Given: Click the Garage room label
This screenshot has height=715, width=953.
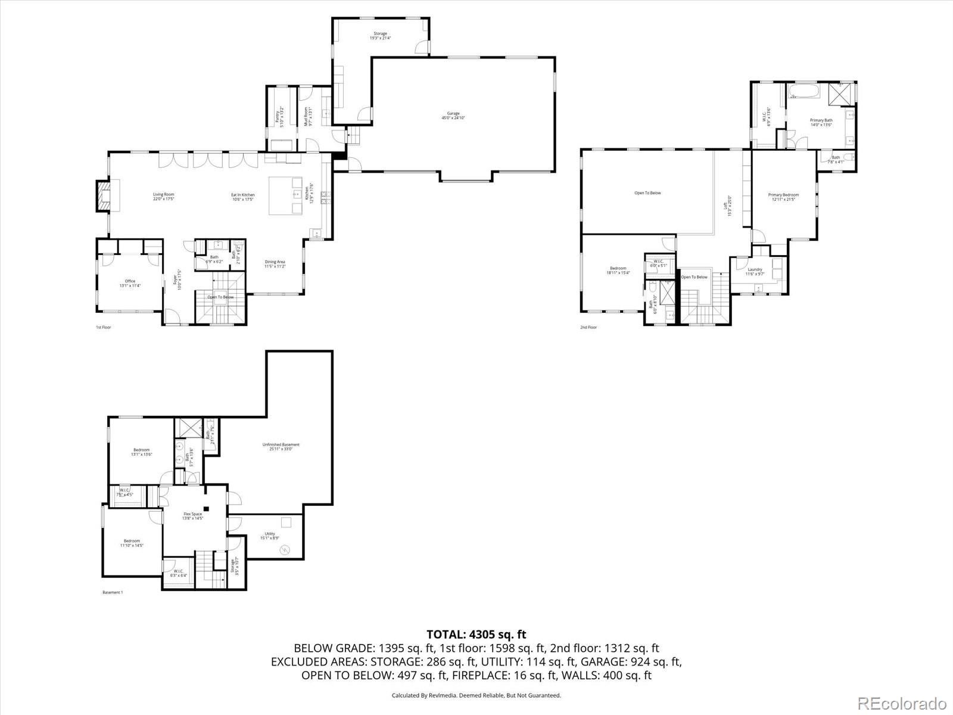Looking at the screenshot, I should pyautogui.click(x=453, y=116).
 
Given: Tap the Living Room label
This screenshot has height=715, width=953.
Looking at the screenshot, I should pyautogui.click(x=163, y=197).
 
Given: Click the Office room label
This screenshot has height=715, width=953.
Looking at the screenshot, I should pyautogui.click(x=130, y=283).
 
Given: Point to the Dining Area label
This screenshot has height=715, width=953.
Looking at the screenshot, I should pyautogui.click(x=275, y=264).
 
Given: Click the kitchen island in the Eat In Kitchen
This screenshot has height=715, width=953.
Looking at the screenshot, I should pyautogui.click(x=286, y=195).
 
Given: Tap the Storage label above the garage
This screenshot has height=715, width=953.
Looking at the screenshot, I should pyautogui.click(x=380, y=36).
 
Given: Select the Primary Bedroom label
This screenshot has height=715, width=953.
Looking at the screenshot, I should pyautogui.click(x=783, y=197).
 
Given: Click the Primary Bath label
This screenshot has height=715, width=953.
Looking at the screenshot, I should pyautogui.click(x=821, y=122).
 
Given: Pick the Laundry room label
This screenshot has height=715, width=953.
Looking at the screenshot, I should pyautogui.click(x=755, y=272).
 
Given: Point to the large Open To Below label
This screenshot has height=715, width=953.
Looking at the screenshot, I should pyautogui.click(x=647, y=193).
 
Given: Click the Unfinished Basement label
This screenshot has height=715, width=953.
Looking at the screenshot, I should pyautogui.click(x=281, y=447).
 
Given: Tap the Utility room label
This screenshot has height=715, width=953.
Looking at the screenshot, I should pyautogui.click(x=270, y=536).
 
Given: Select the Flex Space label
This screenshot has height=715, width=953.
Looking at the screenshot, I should pyautogui.click(x=192, y=516).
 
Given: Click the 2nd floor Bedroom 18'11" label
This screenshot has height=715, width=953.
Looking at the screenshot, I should pyautogui.click(x=618, y=271).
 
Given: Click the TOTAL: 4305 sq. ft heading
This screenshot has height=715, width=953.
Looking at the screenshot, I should pyautogui.click(x=476, y=635).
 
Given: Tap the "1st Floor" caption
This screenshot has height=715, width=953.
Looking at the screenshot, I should pyautogui.click(x=104, y=327).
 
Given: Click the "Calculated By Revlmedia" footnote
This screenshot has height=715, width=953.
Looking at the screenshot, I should pyautogui.click(x=476, y=695).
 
